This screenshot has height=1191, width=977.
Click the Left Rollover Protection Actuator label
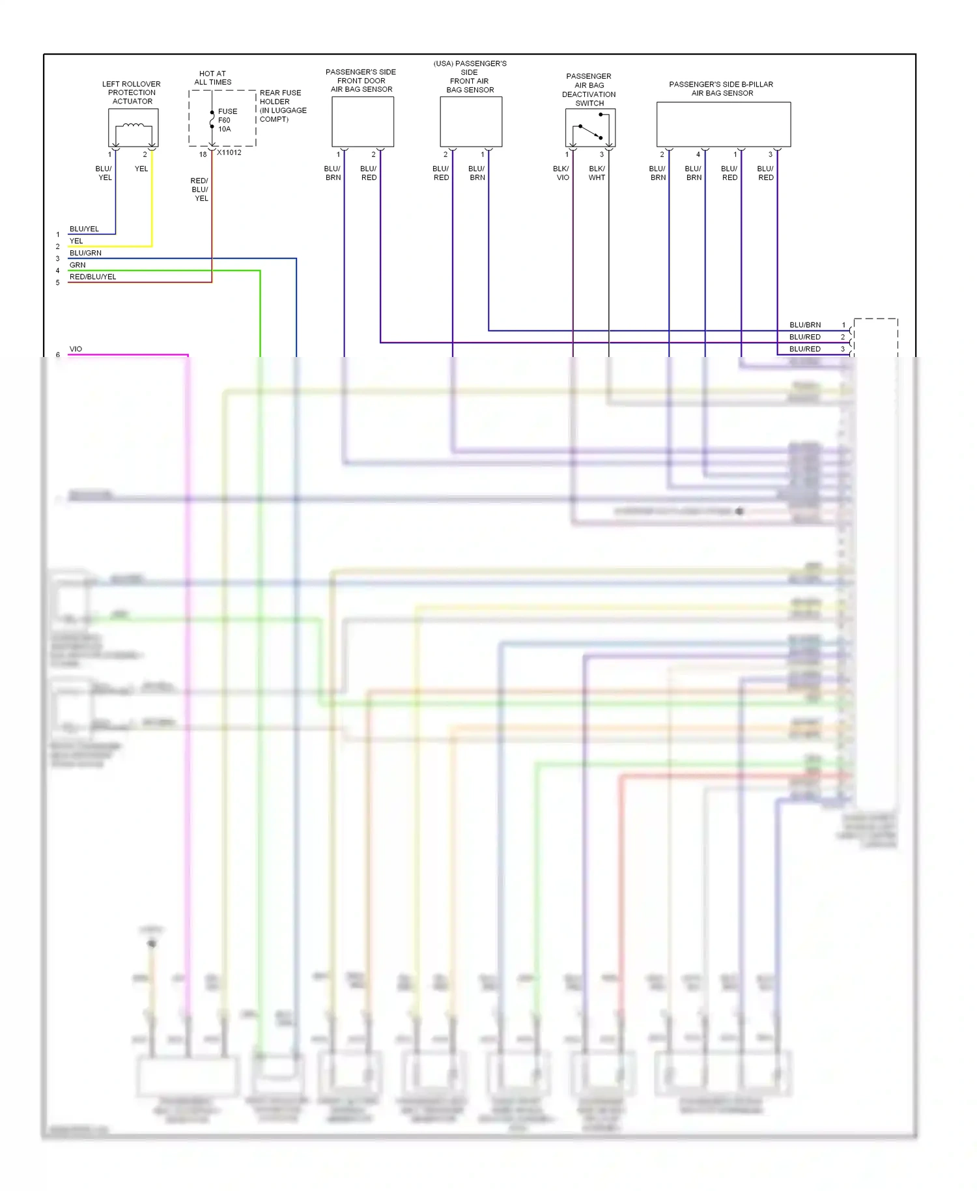coord(132,93)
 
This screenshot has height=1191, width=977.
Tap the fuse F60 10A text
coord(227,120)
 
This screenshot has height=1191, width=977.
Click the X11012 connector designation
coord(229,152)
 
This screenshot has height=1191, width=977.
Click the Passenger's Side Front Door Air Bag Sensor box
coord(362,122)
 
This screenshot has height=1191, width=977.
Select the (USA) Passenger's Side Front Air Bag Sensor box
coord(471,122)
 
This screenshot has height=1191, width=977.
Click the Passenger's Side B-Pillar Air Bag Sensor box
coord(723,124)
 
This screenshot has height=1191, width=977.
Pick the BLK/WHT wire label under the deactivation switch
coord(597,173)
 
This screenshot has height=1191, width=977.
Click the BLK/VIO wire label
coord(561,173)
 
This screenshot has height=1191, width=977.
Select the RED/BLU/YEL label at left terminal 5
coord(92,277)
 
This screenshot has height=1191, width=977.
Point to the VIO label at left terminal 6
coord(76,349)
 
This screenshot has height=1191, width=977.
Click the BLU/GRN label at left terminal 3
coord(85,253)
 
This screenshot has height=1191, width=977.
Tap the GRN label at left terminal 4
coord(78,265)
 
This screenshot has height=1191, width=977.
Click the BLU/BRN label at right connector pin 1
coord(805,324)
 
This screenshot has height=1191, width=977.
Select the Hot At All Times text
coord(213,78)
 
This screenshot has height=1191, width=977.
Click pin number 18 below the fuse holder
coord(203,154)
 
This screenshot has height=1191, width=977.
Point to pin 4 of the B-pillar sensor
coord(698,154)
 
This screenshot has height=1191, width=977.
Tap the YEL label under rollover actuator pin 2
coord(141,169)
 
